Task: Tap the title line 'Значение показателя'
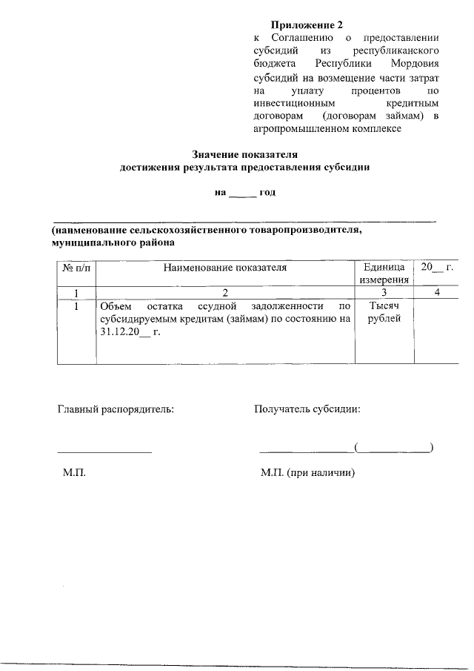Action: tap(244, 155)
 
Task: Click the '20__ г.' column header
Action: tap(436, 267)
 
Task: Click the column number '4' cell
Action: tap(437, 292)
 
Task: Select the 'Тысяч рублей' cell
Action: tap(384, 312)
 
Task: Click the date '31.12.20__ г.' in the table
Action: tap(130, 331)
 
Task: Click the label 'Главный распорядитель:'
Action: tap(116, 408)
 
